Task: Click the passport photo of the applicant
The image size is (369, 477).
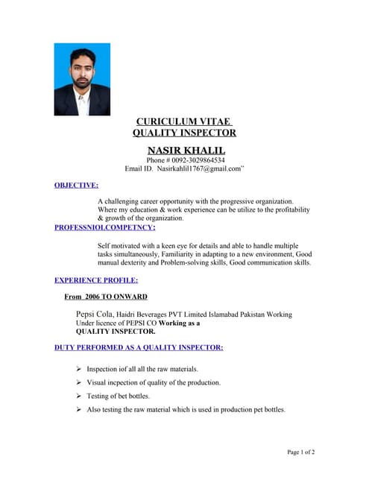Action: coord(82,79)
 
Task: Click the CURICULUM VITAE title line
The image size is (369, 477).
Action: coord(184,121)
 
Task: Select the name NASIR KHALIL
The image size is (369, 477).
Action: coord(186,150)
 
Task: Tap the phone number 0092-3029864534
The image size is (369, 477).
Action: coord(198,160)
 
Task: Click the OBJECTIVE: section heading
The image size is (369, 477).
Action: coord(76,185)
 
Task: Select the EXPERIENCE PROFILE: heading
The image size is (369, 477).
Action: coord(96,280)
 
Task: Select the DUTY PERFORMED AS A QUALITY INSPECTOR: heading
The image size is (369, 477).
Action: coord(139,347)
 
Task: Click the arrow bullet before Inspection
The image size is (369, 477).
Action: coord(79,369)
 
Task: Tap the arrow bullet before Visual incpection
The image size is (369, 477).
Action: coord(79,382)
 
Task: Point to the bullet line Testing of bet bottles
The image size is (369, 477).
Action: coord(118,396)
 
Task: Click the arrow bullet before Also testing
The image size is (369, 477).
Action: coord(79,409)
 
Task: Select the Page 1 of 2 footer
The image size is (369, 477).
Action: coord(301,452)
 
